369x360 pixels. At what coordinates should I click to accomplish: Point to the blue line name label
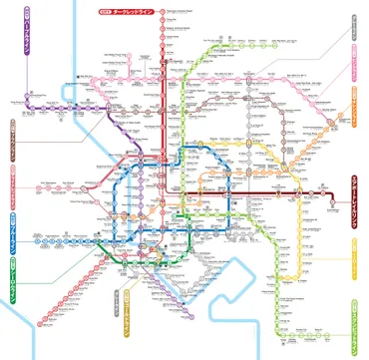tap(13, 228)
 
